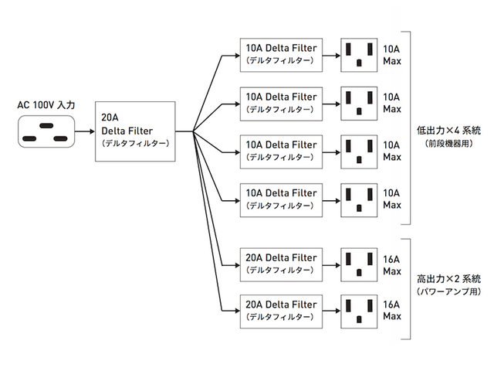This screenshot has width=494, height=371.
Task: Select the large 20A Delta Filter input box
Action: (135, 131)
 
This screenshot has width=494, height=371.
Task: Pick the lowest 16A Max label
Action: (392, 311)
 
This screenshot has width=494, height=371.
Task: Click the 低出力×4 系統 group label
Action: (448, 132)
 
